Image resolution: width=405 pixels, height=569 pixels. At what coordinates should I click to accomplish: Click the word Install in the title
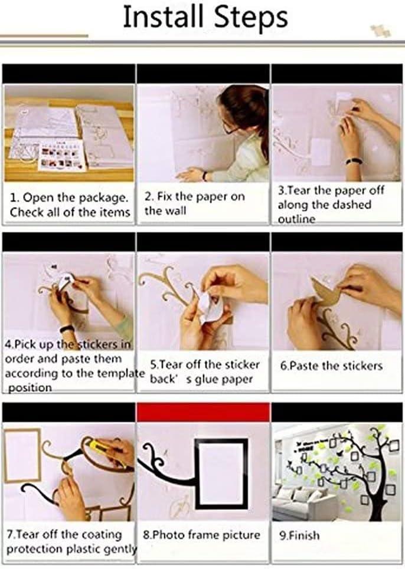pos(163,17)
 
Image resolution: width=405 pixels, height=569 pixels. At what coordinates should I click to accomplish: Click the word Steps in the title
pos(251,18)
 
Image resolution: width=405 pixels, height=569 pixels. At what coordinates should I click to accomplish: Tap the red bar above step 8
pos(204,413)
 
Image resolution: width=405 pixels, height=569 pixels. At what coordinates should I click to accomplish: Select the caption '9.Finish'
pos(299,535)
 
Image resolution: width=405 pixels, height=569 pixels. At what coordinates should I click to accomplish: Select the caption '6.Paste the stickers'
pos(331,366)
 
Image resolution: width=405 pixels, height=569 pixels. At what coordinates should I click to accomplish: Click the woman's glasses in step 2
pos(230,128)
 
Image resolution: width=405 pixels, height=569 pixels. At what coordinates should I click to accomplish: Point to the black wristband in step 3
pos(352,160)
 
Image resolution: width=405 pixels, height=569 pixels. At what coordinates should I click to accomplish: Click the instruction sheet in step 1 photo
pos(61,157)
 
